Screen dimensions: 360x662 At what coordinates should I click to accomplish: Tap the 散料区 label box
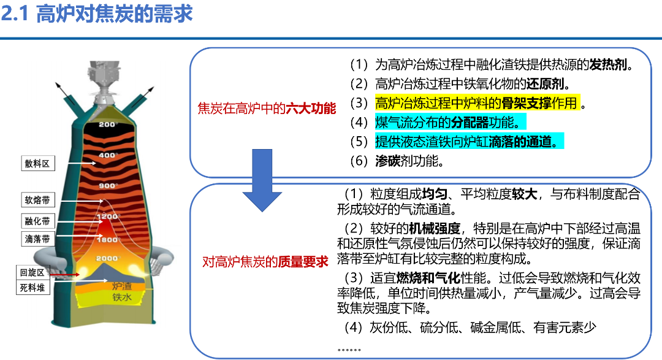[x=37, y=163]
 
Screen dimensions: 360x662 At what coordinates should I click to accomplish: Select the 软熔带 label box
[x=37, y=200]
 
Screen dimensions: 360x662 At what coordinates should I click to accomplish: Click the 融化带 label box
[x=37, y=221]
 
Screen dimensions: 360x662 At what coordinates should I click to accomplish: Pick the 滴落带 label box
[x=37, y=239]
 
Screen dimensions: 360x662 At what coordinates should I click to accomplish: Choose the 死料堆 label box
[x=33, y=287]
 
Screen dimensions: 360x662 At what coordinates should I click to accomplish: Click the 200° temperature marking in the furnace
[x=108, y=125]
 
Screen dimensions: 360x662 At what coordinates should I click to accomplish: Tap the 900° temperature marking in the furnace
[x=108, y=186]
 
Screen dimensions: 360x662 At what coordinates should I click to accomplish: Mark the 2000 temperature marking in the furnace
[x=107, y=259]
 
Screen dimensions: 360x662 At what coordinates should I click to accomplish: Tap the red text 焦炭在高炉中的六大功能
[x=267, y=109]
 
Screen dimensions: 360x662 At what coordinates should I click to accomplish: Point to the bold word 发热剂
[x=610, y=64]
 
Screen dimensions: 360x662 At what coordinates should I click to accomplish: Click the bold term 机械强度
[x=435, y=229]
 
